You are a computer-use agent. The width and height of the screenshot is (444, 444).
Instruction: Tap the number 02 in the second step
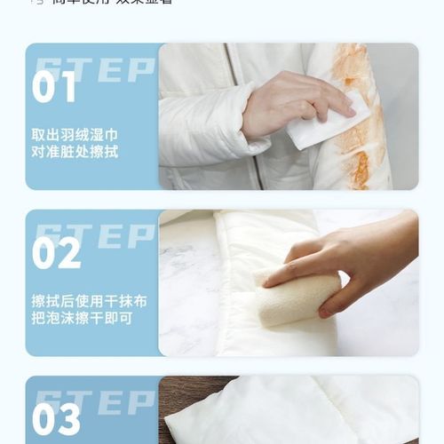pyautogui.click(x=57, y=253)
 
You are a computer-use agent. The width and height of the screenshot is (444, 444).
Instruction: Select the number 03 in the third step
pyautogui.click(x=57, y=420)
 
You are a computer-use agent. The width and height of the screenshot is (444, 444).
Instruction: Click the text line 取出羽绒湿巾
pyautogui.click(x=75, y=135)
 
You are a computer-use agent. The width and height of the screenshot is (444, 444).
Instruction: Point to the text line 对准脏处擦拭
pyautogui.click(x=75, y=153)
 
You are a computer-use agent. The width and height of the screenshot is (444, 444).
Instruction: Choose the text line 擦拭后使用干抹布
pyautogui.click(x=89, y=301)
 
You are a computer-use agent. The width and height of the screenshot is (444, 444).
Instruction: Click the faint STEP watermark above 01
pyautogui.click(x=94, y=67)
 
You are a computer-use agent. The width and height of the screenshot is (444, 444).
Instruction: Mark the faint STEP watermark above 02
pyautogui.click(x=94, y=234)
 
